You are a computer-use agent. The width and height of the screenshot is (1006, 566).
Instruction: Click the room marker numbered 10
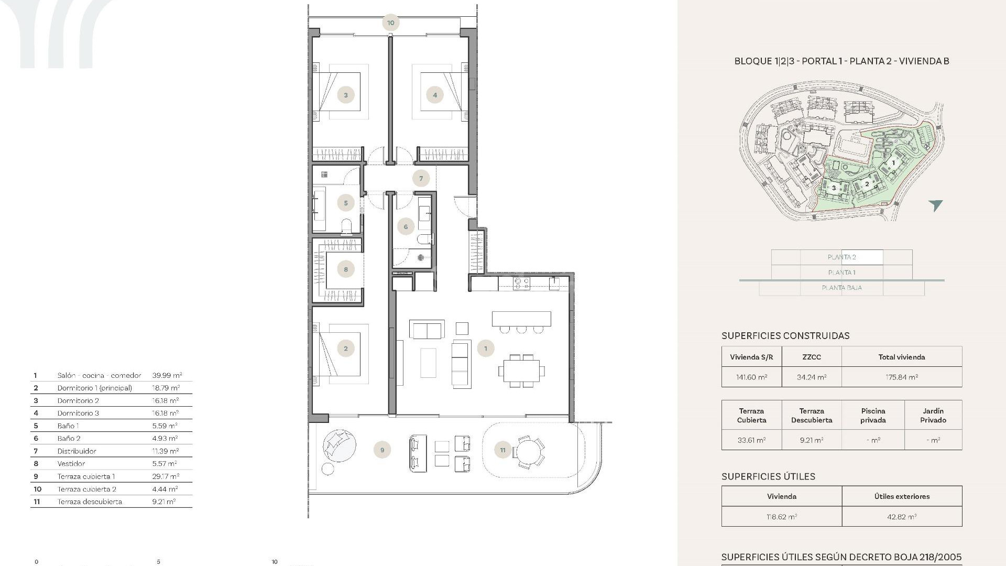pos(391,23)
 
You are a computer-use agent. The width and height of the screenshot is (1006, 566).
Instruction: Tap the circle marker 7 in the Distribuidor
pos(421,178)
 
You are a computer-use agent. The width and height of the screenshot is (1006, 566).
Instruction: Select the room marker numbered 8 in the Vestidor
pos(345,269)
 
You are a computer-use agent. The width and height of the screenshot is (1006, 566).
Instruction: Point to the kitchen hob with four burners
pos(521,284)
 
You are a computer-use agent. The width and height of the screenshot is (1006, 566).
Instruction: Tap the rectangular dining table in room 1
pos(521,371)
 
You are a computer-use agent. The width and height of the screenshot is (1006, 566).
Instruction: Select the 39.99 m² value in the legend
pos(167,375)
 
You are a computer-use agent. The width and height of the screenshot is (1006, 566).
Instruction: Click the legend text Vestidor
pos(71,463)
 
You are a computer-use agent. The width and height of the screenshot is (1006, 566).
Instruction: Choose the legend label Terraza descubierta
pos(90,502)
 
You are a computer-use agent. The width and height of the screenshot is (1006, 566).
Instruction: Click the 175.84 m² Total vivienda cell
pos(901,377)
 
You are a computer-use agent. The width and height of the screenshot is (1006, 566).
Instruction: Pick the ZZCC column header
pos(811,357)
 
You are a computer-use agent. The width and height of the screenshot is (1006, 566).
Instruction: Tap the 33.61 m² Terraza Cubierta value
pos(751,440)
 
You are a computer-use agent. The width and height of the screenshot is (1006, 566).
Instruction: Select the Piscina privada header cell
pos(872,415)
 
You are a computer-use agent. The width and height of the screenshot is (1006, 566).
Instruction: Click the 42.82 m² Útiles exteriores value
pos(901,517)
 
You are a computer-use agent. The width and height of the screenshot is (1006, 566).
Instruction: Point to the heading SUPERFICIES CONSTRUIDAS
pos(785,336)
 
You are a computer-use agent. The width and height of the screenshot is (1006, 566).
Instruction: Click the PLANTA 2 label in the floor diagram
pos(841,257)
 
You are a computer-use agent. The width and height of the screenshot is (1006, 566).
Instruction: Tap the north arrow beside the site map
pos(935,205)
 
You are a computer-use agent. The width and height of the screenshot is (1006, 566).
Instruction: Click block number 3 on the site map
pos(834,188)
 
